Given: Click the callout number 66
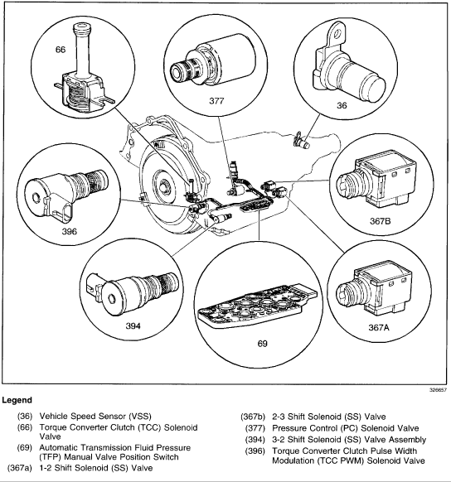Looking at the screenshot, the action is pos(61,50).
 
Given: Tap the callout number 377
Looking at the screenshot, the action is pos(216,101).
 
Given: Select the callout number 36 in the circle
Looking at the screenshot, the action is pos(342,105).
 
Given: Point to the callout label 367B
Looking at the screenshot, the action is pos(381,221).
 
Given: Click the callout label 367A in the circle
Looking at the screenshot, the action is pos(379,328).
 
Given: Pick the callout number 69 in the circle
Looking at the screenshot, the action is pos(263,344).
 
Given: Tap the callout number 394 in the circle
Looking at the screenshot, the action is pos(133,325).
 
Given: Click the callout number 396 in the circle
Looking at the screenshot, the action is pos(70,231).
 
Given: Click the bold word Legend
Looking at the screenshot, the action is pos(17,400).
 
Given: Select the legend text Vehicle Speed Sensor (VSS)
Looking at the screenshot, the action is pos(95,417).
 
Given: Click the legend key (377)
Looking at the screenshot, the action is pos(255,428).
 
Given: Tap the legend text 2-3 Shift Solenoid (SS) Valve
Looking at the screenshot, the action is pos(329,417).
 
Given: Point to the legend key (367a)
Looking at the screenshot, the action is pos(20,468).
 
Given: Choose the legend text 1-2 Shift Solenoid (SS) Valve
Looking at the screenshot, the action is pos(96,468).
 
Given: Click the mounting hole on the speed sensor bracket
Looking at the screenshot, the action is pos(337,33).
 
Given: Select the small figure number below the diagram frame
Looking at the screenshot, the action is pos(438,390).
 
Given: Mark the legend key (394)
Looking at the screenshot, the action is pos(255,440).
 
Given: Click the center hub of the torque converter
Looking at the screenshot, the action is pos(164,186).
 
